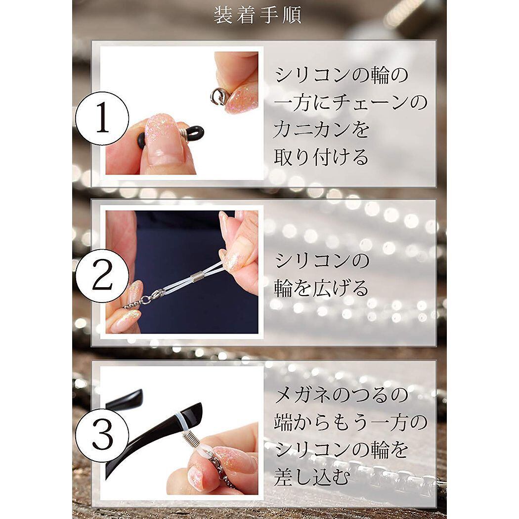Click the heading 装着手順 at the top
click(258, 15)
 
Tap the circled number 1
click(102, 119)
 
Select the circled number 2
click(102, 276)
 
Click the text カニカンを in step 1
click(321, 129)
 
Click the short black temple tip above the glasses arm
click(125, 399)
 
